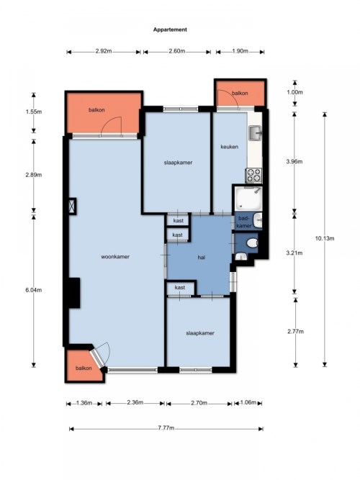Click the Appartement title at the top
[170, 30]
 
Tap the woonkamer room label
[115, 256]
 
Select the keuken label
[230, 147]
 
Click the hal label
[202, 258]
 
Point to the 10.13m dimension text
[325, 238]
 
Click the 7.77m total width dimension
[166, 428]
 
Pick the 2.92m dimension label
[103, 51]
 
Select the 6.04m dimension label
[34, 289]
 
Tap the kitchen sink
[255, 133]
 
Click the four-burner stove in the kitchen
[254, 176]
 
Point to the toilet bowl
[253, 243]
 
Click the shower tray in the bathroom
[248, 198]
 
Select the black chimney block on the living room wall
[74, 293]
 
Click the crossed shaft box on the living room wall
[72, 206]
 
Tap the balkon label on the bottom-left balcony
[84, 368]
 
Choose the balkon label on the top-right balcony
[240, 93]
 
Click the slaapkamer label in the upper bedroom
[178, 163]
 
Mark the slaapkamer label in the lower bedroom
[200, 333]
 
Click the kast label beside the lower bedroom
[180, 287]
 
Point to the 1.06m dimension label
[248, 402]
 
